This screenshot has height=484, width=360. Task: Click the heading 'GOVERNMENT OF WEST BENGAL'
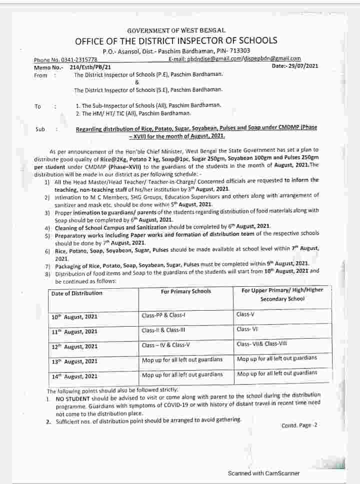[x=176, y=31]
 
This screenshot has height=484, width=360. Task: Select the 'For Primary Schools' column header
[x=186, y=291]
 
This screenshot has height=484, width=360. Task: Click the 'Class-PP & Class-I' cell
[x=163, y=316]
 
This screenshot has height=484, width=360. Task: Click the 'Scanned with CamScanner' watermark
[x=263, y=473]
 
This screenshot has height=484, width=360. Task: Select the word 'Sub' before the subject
[x=40, y=129]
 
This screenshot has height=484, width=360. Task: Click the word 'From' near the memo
[x=40, y=75]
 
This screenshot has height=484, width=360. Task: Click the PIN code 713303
[x=239, y=51]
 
